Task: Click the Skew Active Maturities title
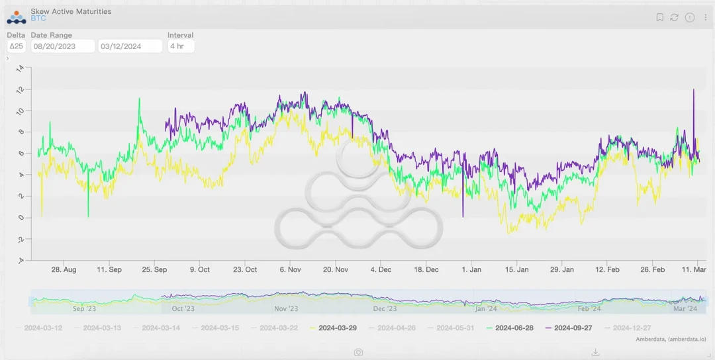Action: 71,11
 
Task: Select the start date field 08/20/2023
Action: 63,46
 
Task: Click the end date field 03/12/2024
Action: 130,46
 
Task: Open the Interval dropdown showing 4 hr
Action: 181,46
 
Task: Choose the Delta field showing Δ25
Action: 17,46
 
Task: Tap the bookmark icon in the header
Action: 660,17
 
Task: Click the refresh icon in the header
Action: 675,17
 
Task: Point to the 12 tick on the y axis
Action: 20,89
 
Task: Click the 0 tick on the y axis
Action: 20,218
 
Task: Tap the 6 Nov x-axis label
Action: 291,269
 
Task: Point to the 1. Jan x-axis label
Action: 471,269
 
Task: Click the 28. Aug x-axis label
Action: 64,269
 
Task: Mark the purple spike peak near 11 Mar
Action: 694,89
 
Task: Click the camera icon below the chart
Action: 358,352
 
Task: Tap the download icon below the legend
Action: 595,352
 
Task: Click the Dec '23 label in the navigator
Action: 385,308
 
